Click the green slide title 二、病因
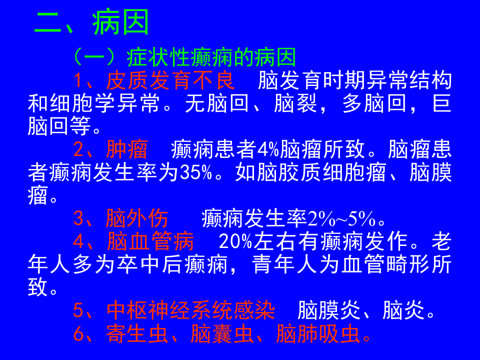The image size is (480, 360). point(92,23)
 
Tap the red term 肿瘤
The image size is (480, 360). point(127,149)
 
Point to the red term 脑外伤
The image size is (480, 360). point(137,218)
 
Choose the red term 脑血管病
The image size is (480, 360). point(150,242)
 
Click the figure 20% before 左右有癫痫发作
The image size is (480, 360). point(235,242)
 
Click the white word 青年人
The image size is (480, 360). point(284,264)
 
